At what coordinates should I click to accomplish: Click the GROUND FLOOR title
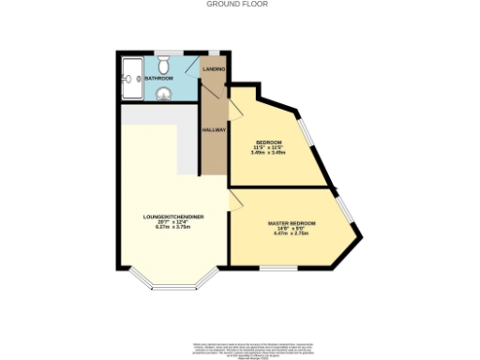[x=237, y=4]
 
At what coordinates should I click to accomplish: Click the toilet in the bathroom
[x=163, y=63]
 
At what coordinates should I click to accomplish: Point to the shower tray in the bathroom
[x=131, y=73]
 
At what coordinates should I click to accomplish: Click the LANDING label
[x=214, y=70]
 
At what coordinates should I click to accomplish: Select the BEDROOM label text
[x=269, y=142]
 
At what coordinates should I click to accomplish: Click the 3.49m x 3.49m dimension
[x=269, y=153]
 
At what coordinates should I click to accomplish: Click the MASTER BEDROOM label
[x=292, y=223]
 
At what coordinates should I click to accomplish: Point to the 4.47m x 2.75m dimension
[x=292, y=234]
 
